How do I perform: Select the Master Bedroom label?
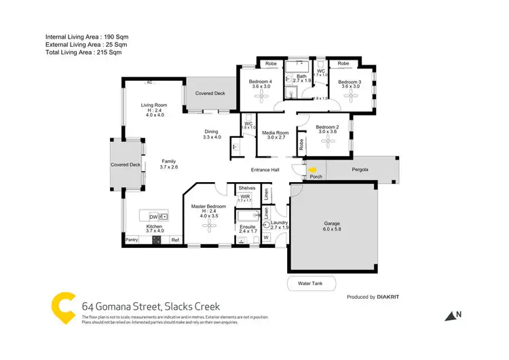[208, 206]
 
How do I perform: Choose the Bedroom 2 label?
[327, 127]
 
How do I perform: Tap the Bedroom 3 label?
[351, 82]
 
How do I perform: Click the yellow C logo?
[64, 306]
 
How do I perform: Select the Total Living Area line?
[83, 52]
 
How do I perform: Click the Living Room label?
[154, 105]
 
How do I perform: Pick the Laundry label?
[280, 223]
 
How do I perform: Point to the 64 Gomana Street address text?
[151, 307]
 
